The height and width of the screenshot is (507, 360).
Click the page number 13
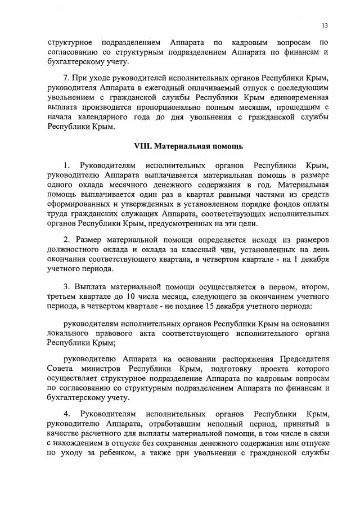[325, 25]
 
